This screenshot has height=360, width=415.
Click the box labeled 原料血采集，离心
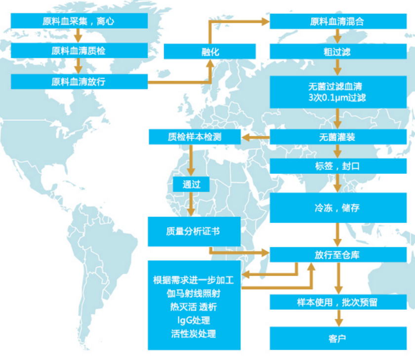[x=79, y=21]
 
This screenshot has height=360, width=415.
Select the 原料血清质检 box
[x=79, y=50]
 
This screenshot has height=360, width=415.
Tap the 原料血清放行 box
[x=79, y=81]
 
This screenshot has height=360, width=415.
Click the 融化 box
[x=209, y=51]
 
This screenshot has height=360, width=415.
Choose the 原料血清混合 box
[x=338, y=21]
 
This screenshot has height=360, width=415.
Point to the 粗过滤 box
[x=338, y=51]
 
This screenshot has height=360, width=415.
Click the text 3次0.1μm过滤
[x=337, y=98]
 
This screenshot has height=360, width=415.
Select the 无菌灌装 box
[x=338, y=137]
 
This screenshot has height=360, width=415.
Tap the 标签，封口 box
[x=338, y=166]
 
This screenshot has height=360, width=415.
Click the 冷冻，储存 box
[x=338, y=207]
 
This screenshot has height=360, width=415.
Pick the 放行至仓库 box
[x=338, y=255]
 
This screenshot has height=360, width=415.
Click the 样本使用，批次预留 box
[x=338, y=302]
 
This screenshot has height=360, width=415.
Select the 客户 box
[x=338, y=338]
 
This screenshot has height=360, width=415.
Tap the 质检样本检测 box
[x=195, y=137]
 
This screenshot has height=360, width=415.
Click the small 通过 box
[x=191, y=184]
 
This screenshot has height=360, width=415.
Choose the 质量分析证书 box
[x=194, y=232]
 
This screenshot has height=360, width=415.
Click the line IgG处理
[x=194, y=320]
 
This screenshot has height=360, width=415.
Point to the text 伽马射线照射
[x=194, y=293]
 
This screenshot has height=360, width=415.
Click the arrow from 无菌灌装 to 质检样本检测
[x=255, y=137]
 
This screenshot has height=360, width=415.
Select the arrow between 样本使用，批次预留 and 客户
[x=338, y=318]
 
